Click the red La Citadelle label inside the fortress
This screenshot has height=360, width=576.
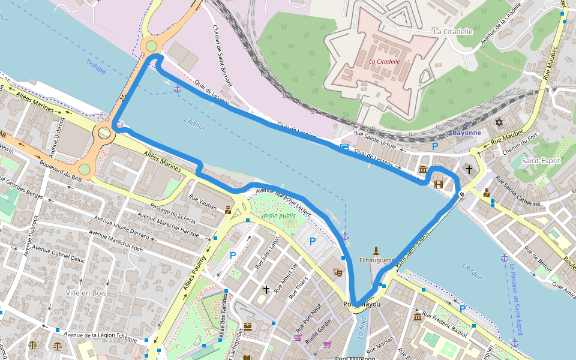coord(384,61)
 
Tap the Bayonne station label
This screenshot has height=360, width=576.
coord(466,133)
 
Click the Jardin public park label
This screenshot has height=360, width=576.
coord(279,215)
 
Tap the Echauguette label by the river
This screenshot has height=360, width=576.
coord(376,260)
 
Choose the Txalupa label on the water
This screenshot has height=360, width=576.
coord(95,66)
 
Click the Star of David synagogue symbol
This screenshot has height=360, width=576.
coord(498,122)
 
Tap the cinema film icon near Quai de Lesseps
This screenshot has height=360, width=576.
coord(438,184)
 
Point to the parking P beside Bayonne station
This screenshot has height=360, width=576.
coord(436,146)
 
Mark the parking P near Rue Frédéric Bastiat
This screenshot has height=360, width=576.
coord(462,308)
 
